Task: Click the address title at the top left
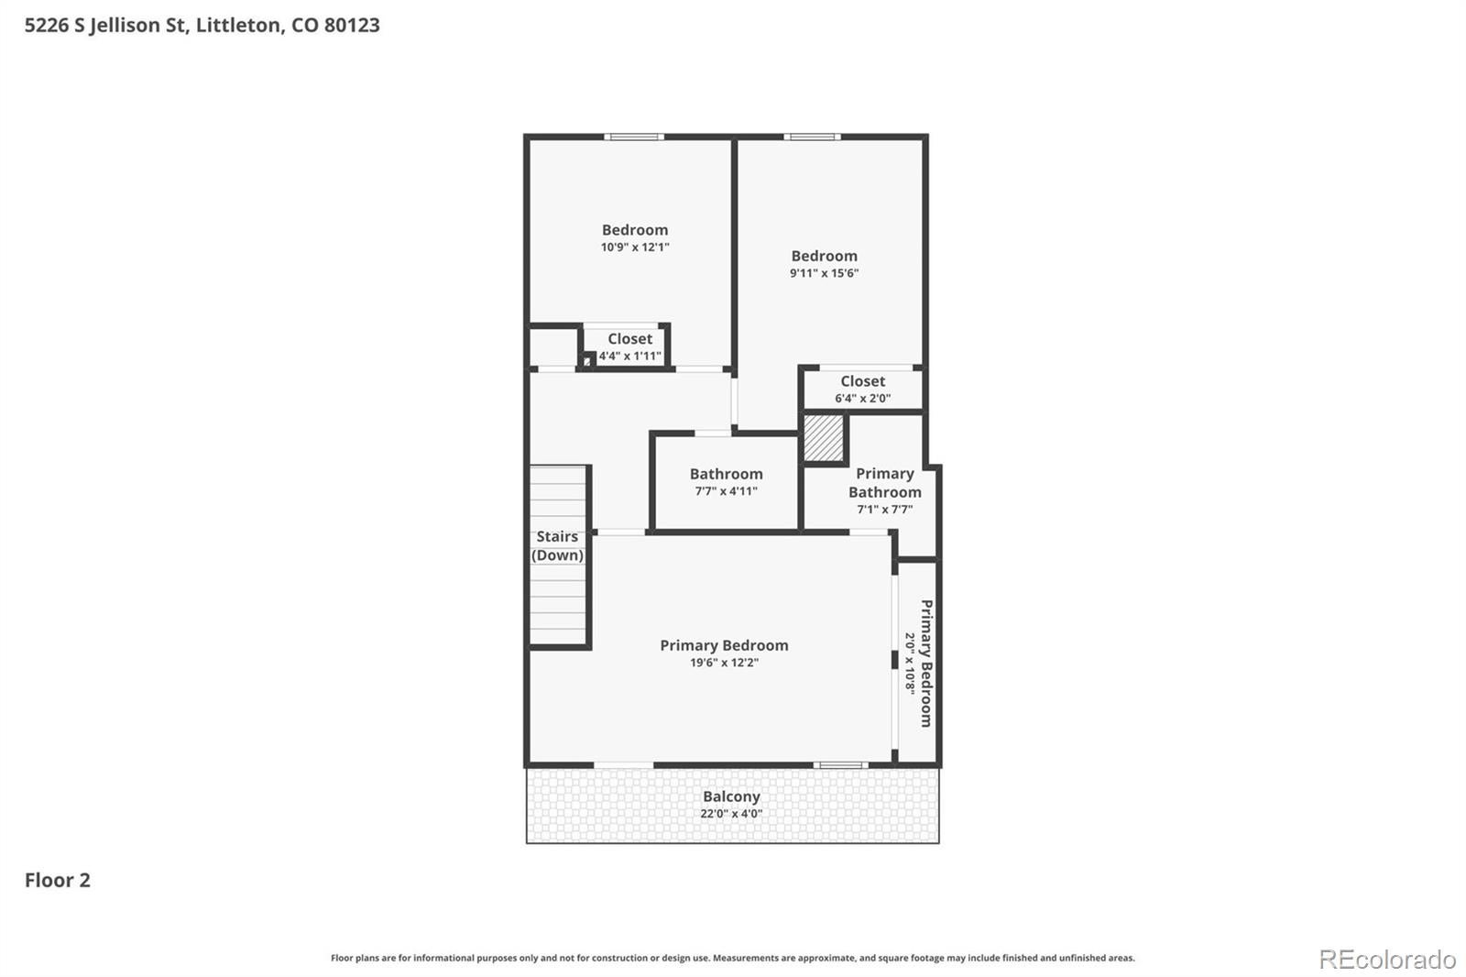[202, 25]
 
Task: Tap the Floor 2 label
[58, 880]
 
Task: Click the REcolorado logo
[1387, 960]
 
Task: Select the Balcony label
[732, 796]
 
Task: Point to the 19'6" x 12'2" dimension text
[724, 662]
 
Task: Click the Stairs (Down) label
[557, 545]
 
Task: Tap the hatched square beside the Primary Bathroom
[824, 438]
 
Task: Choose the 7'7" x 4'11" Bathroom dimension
[726, 490]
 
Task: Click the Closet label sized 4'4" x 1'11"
[629, 338]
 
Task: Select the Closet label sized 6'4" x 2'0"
[862, 381]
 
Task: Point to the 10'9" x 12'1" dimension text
[635, 247]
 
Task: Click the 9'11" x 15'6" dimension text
[824, 273]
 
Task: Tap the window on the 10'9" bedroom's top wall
[633, 137]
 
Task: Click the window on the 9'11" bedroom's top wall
[812, 137]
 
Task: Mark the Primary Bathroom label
[885, 483]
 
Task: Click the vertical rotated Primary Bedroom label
[926, 664]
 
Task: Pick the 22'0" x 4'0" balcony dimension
[731, 813]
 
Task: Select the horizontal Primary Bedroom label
[724, 645]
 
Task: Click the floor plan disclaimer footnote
[732, 958]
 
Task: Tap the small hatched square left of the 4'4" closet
[587, 361]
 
